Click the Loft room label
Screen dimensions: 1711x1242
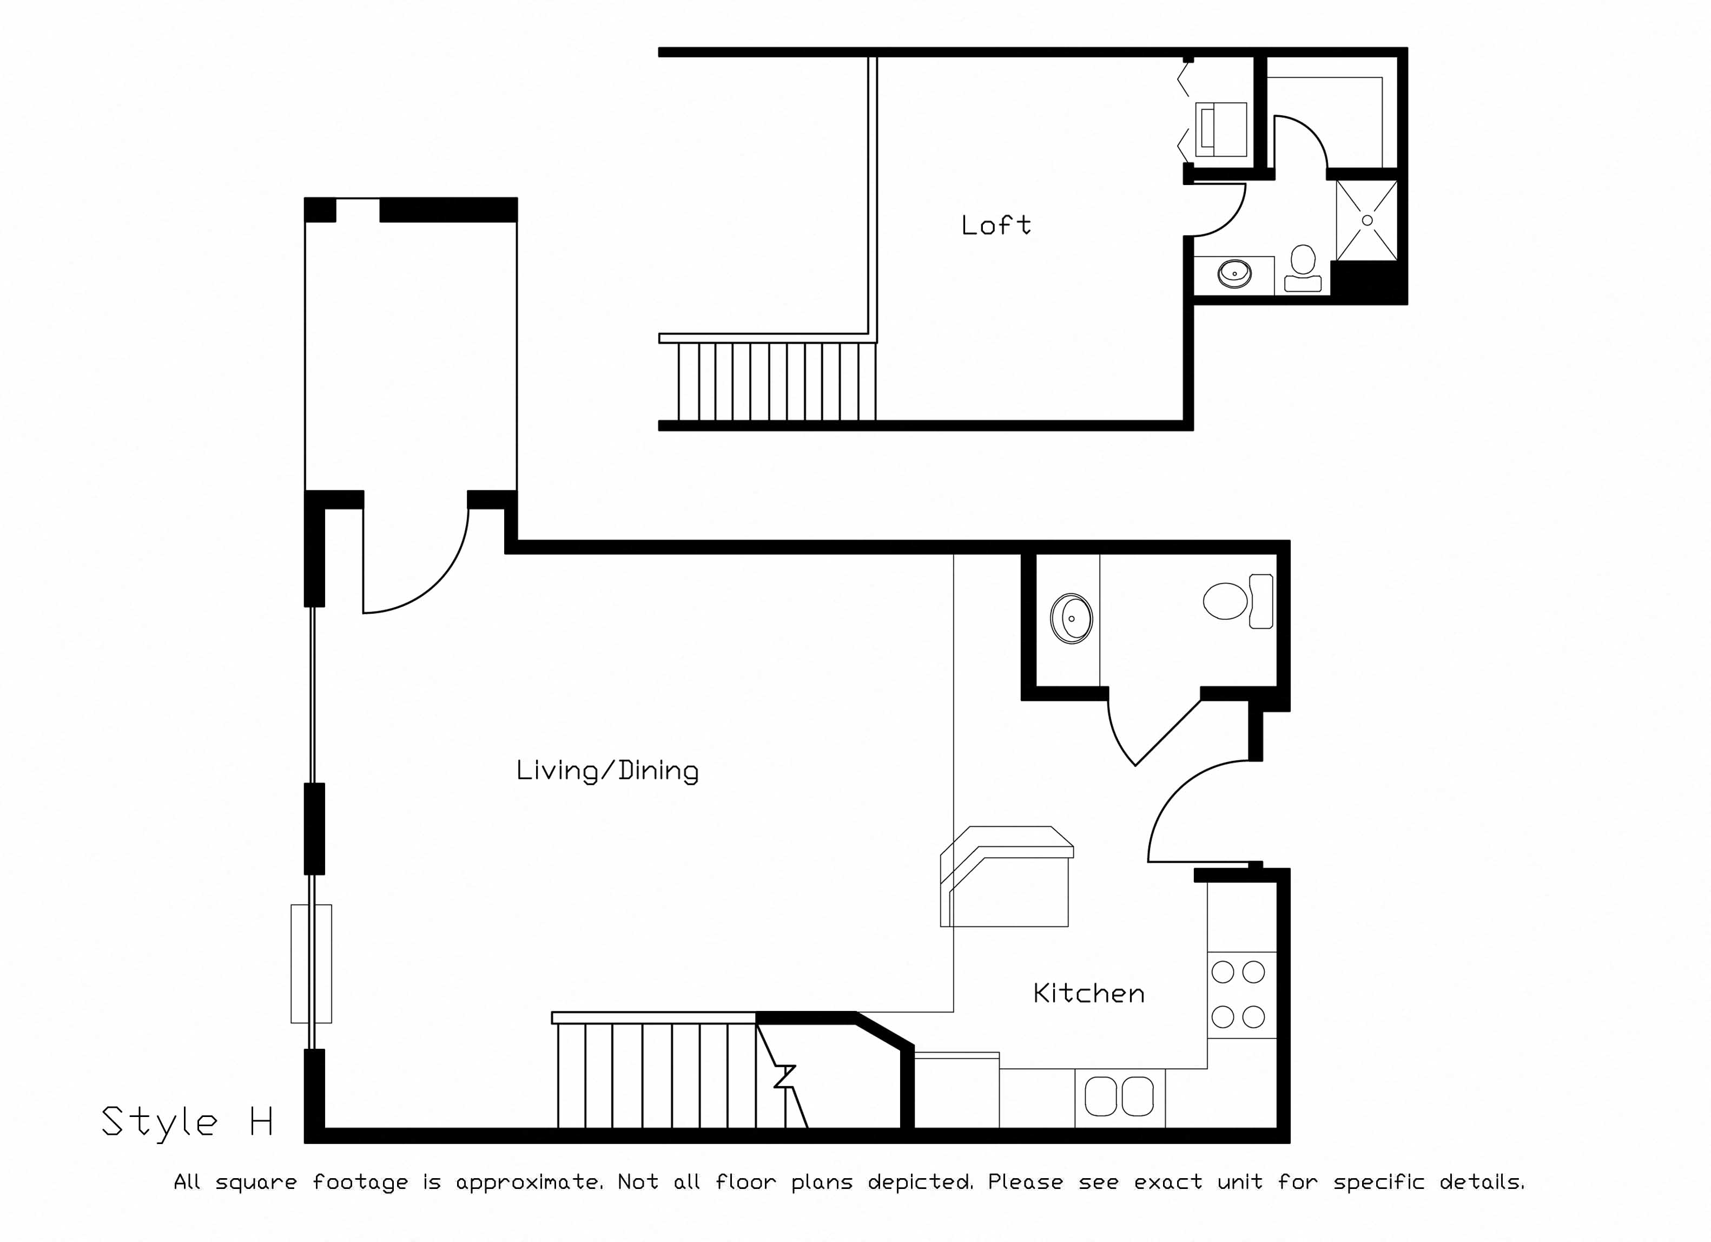pos(996,225)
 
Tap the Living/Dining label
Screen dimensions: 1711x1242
pos(607,771)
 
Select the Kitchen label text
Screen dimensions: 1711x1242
pos(1088,993)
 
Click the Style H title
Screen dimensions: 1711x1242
pos(187,1122)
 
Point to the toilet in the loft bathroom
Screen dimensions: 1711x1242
pos(1303,268)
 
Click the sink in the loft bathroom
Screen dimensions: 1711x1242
pos(1234,274)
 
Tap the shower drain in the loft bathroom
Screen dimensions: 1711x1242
pos(1367,220)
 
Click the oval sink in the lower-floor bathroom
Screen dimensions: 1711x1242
pos(1071,619)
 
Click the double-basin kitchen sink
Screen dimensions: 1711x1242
pos(1120,1096)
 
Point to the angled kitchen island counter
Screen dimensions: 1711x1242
pos(1006,876)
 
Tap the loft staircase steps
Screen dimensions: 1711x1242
pos(777,381)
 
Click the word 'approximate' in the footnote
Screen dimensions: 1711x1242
pos(530,1182)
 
